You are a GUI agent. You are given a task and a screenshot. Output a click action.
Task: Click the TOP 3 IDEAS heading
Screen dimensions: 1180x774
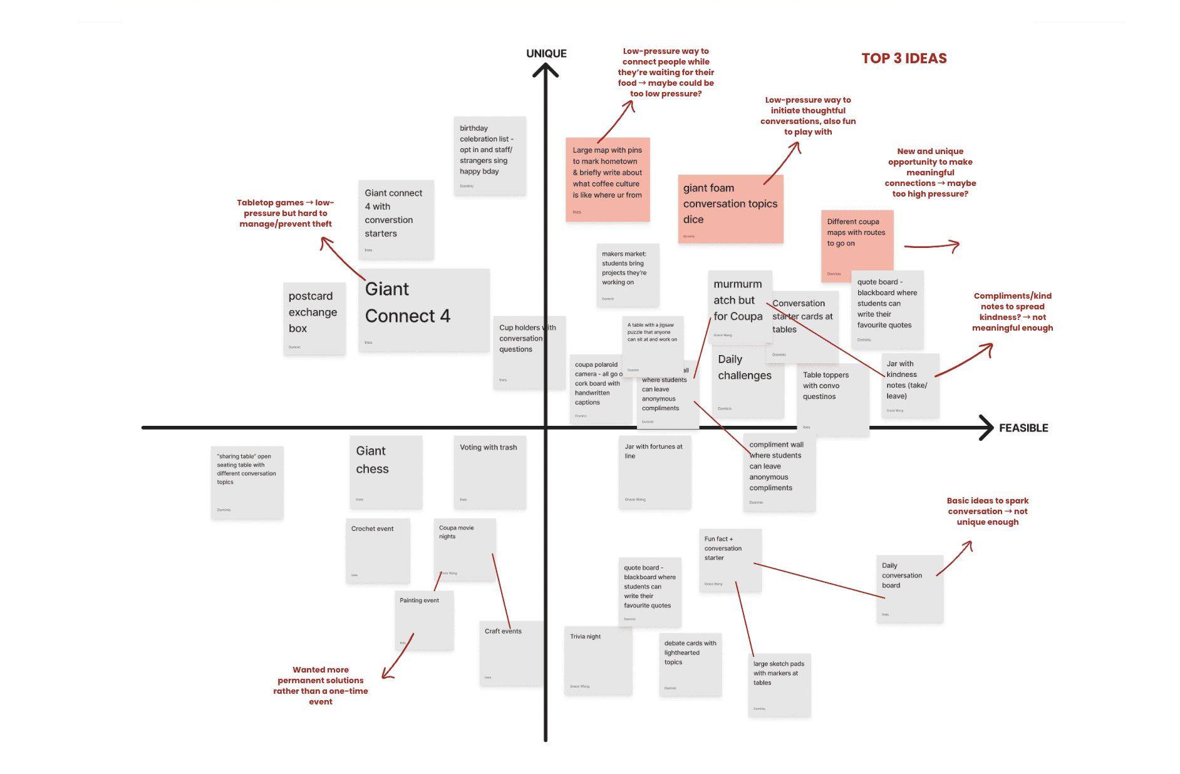tap(904, 58)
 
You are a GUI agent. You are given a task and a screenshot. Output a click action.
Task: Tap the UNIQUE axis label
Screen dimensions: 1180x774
tap(546, 53)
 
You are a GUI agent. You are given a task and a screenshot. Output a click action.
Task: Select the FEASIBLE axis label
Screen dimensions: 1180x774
tap(1023, 428)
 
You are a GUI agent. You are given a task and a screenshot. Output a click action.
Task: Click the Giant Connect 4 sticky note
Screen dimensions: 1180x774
tap(423, 309)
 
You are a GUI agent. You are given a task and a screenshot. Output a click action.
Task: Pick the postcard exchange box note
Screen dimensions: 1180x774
tap(314, 318)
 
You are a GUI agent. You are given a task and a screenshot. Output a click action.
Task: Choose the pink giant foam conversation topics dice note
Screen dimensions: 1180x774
tap(730, 209)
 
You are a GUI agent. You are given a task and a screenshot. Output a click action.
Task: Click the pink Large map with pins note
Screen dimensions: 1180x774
tap(608, 179)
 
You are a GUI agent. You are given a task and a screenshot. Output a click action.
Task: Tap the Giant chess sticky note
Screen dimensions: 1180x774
tap(386, 472)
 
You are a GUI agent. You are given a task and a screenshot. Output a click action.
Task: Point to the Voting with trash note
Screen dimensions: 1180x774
tap(490, 472)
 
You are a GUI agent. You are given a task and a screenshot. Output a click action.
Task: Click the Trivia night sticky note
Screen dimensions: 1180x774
tap(598, 660)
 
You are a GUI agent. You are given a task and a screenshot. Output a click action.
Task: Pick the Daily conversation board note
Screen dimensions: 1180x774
tap(909, 588)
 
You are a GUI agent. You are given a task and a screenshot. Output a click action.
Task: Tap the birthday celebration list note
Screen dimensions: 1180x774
tap(490, 155)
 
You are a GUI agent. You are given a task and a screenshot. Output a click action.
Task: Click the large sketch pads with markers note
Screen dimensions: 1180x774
tap(779, 684)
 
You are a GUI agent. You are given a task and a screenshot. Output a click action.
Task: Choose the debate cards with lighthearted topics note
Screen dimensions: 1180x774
tap(690, 664)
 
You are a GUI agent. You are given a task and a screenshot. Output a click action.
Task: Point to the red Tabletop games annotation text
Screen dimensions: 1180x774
tap(286, 213)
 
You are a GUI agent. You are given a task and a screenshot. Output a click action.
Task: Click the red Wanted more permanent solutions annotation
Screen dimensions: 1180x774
tap(321, 685)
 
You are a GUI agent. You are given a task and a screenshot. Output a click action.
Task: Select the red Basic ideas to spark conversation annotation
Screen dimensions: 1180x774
tap(987, 511)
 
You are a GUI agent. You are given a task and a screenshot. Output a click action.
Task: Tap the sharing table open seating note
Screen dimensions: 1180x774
tap(247, 482)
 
